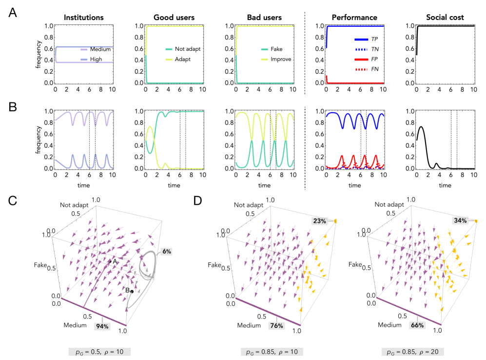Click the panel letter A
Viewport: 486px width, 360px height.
click(14, 11)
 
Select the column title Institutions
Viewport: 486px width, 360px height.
click(83, 18)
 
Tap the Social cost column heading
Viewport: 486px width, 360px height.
click(444, 18)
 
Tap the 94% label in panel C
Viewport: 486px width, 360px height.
click(103, 326)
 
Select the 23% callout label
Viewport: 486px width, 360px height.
click(320, 220)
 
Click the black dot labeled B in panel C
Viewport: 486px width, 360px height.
click(132, 291)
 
